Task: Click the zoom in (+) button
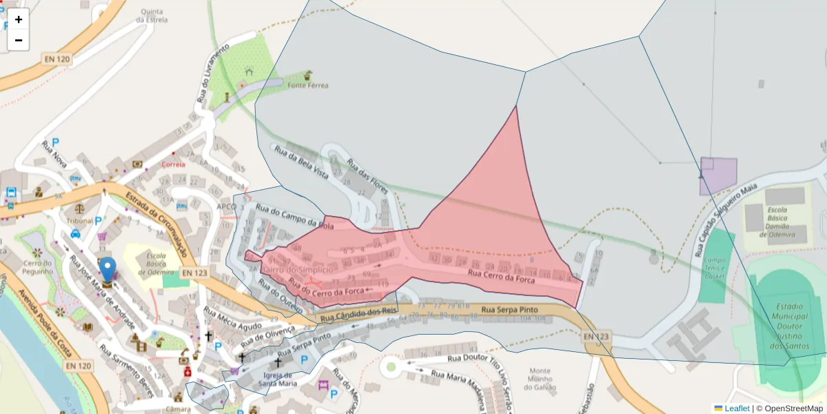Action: [19, 19]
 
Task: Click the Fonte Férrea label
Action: [308, 86]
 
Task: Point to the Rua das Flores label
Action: [367, 176]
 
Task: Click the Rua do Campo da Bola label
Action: [294, 215]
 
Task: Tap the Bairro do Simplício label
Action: [297, 269]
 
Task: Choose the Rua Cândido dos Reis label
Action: [359, 315]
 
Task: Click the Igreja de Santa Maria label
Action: [277, 379]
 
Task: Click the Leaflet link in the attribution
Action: [737, 408]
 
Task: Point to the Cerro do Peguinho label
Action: [37, 266]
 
